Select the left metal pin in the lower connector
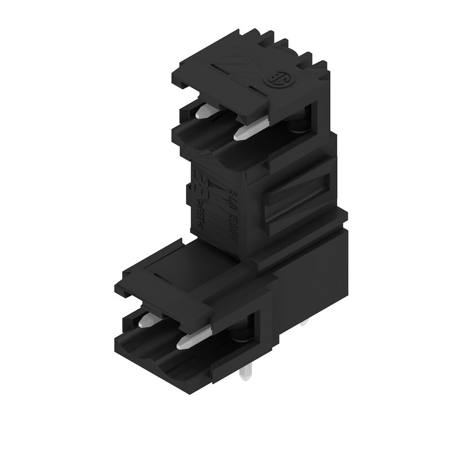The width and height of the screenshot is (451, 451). [144, 322]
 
